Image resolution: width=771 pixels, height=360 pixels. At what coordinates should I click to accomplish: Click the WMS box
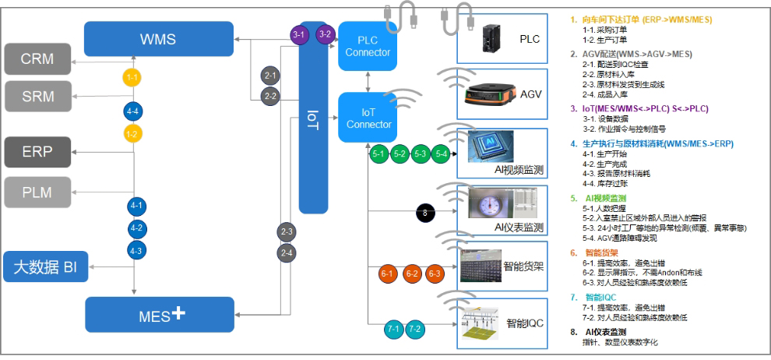[158, 38]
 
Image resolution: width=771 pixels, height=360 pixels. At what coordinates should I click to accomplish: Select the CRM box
[37, 59]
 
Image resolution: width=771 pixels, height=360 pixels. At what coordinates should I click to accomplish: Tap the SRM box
[37, 96]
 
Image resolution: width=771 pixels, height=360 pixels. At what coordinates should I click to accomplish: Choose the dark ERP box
[37, 151]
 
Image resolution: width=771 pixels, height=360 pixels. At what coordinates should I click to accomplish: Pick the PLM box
[37, 192]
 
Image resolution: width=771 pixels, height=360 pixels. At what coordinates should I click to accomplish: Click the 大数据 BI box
[45, 267]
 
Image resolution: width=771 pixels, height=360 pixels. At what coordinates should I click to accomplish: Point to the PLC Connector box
[368, 46]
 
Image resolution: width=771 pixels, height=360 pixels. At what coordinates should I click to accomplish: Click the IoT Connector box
[368, 118]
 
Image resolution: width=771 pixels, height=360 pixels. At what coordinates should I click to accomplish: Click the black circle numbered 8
[424, 211]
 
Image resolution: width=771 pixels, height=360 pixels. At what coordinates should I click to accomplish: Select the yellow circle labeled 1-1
[133, 78]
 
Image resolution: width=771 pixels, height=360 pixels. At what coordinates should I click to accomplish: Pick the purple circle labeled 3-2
[326, 34]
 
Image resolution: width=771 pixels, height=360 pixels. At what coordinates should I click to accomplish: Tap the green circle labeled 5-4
[442, 154]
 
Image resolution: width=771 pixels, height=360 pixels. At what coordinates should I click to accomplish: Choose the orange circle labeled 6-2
[411, 274]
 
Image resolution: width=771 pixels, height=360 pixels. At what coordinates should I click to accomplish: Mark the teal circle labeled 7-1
[393, 330]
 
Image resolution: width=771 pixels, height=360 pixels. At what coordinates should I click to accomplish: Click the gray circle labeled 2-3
[287, 231]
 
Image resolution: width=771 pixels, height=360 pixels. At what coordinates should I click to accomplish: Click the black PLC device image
[491, 37]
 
